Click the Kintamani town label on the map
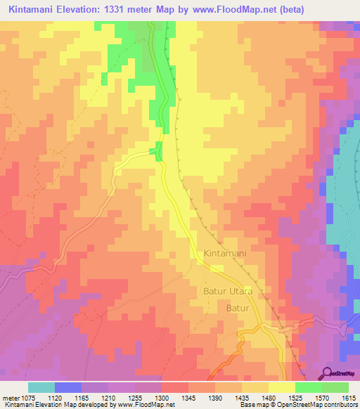pos(224,253)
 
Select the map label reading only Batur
pos(238,309)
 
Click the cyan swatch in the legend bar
pos(41,387)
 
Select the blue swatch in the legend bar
pos(68,387)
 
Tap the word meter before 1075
pos(12,397)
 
